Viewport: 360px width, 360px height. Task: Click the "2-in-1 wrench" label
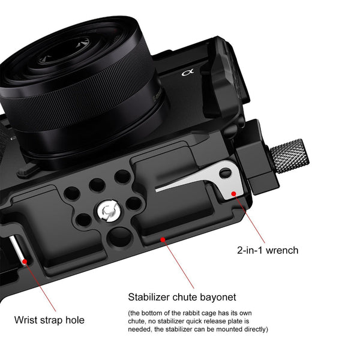(268, 250)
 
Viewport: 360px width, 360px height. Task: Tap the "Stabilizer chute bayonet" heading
(182, 297)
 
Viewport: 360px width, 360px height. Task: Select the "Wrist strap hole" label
(50, 320)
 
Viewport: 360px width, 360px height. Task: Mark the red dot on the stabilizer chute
(161, 239)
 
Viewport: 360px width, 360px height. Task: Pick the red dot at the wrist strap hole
(25, 261)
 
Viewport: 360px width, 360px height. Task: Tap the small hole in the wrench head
(225, 173)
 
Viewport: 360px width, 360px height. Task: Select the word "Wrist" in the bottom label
(26, 320)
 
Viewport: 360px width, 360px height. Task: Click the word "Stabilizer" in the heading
(150, 297)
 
